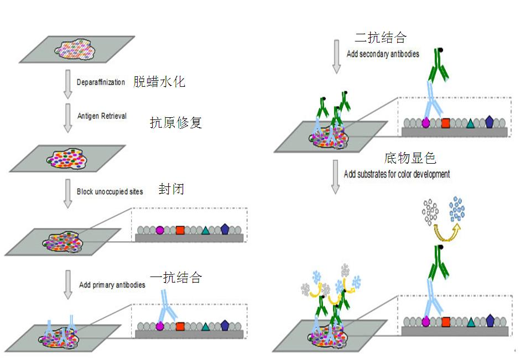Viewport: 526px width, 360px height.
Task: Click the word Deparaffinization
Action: (101, 82)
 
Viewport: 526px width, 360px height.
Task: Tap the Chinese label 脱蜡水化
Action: (159, 82)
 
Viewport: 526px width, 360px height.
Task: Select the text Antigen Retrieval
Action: (102, 116)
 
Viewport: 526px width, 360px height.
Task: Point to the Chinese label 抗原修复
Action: (176, 122)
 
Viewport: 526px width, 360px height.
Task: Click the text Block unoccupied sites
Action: (110, 192)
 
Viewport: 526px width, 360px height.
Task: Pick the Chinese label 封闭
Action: (171, 189)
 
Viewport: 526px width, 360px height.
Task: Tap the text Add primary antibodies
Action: (112, 285)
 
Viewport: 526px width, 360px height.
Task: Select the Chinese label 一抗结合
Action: (176, 278)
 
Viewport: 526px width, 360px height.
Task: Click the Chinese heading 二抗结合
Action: (381, 37)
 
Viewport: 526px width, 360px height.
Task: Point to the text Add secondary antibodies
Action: (383, 54)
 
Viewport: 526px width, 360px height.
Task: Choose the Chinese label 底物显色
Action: (410, 158)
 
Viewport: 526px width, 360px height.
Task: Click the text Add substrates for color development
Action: (397, 174)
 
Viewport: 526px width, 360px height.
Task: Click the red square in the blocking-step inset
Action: (180, 230)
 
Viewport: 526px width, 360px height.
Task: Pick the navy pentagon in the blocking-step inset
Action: (225, 229)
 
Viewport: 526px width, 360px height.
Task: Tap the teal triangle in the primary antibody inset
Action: (205, 326)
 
